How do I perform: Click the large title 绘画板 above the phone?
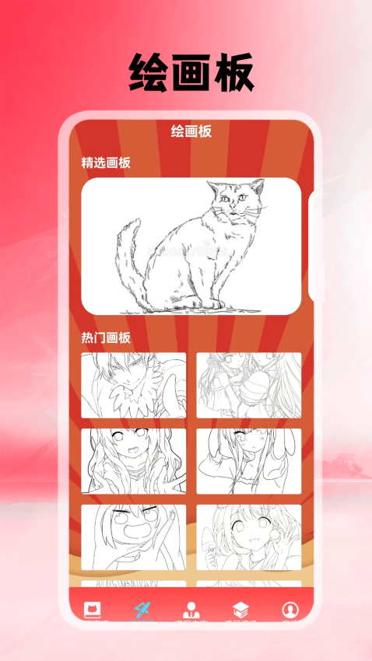click(191, 74)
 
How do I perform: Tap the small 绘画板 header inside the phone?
click(191, 131)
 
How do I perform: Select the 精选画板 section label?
click(106, 163)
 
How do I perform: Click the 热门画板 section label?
click(106, 337)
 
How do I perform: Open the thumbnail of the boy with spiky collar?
click(134, 385)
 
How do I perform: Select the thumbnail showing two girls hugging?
click(248, 385)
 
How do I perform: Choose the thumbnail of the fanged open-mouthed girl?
click(134, 461)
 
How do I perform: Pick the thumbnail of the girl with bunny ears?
click(248, 461)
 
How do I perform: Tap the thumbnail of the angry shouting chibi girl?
click(134, 537)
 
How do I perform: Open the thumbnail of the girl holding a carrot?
click(248, 537)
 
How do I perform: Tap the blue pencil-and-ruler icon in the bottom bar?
click(142, 609)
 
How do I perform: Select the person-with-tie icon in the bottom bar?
click(191, 610)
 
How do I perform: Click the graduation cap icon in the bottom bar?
click(240, 610)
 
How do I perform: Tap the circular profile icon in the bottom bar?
click(290, 610)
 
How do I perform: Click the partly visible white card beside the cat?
click(313, 247)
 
